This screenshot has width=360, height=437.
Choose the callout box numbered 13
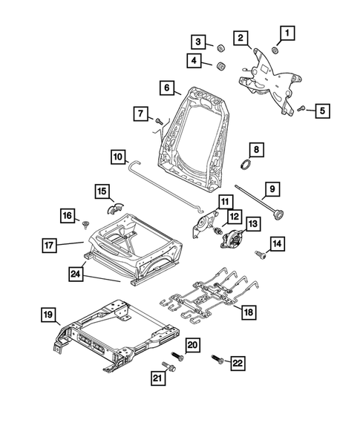(x=254, y=223)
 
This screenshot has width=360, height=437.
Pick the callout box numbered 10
(x=120, y=157)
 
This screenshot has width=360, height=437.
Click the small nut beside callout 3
(x=220, y=49)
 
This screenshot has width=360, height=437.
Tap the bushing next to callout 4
(x=220, y=68)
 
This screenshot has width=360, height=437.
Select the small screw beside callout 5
(x=302, y=108)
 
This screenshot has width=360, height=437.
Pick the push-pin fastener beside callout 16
(x=87, y=222)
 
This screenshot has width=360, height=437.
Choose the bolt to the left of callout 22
(x=219, y=359)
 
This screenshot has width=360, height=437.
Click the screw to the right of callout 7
(x=159, y=120)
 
